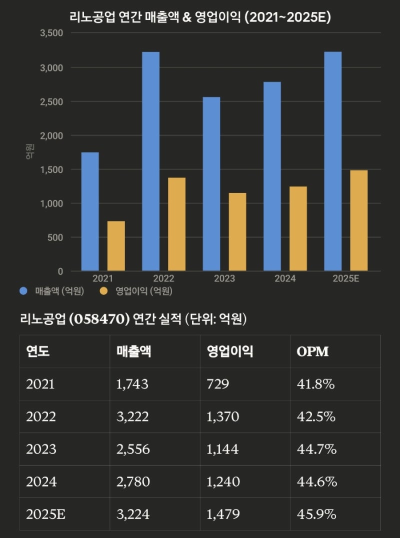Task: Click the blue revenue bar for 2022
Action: [150, 161]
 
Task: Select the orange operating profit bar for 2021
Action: [116, 246]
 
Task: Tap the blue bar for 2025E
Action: [332, 161]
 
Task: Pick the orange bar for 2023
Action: [237, 232]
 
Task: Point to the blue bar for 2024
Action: [272, 176]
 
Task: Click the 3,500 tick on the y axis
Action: [51, 33]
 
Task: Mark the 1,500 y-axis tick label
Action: [51, 169]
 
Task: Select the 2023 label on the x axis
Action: [224, 279]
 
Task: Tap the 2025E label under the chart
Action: [345, 279]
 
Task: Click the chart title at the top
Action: [200, 17]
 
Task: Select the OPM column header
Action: [312, 351]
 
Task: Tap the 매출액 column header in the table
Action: [133, 351]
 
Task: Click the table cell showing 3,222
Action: [132, 416]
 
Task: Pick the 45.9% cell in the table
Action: [316, 514]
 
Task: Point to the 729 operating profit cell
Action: [217, 384]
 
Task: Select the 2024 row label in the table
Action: [41, 481]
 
